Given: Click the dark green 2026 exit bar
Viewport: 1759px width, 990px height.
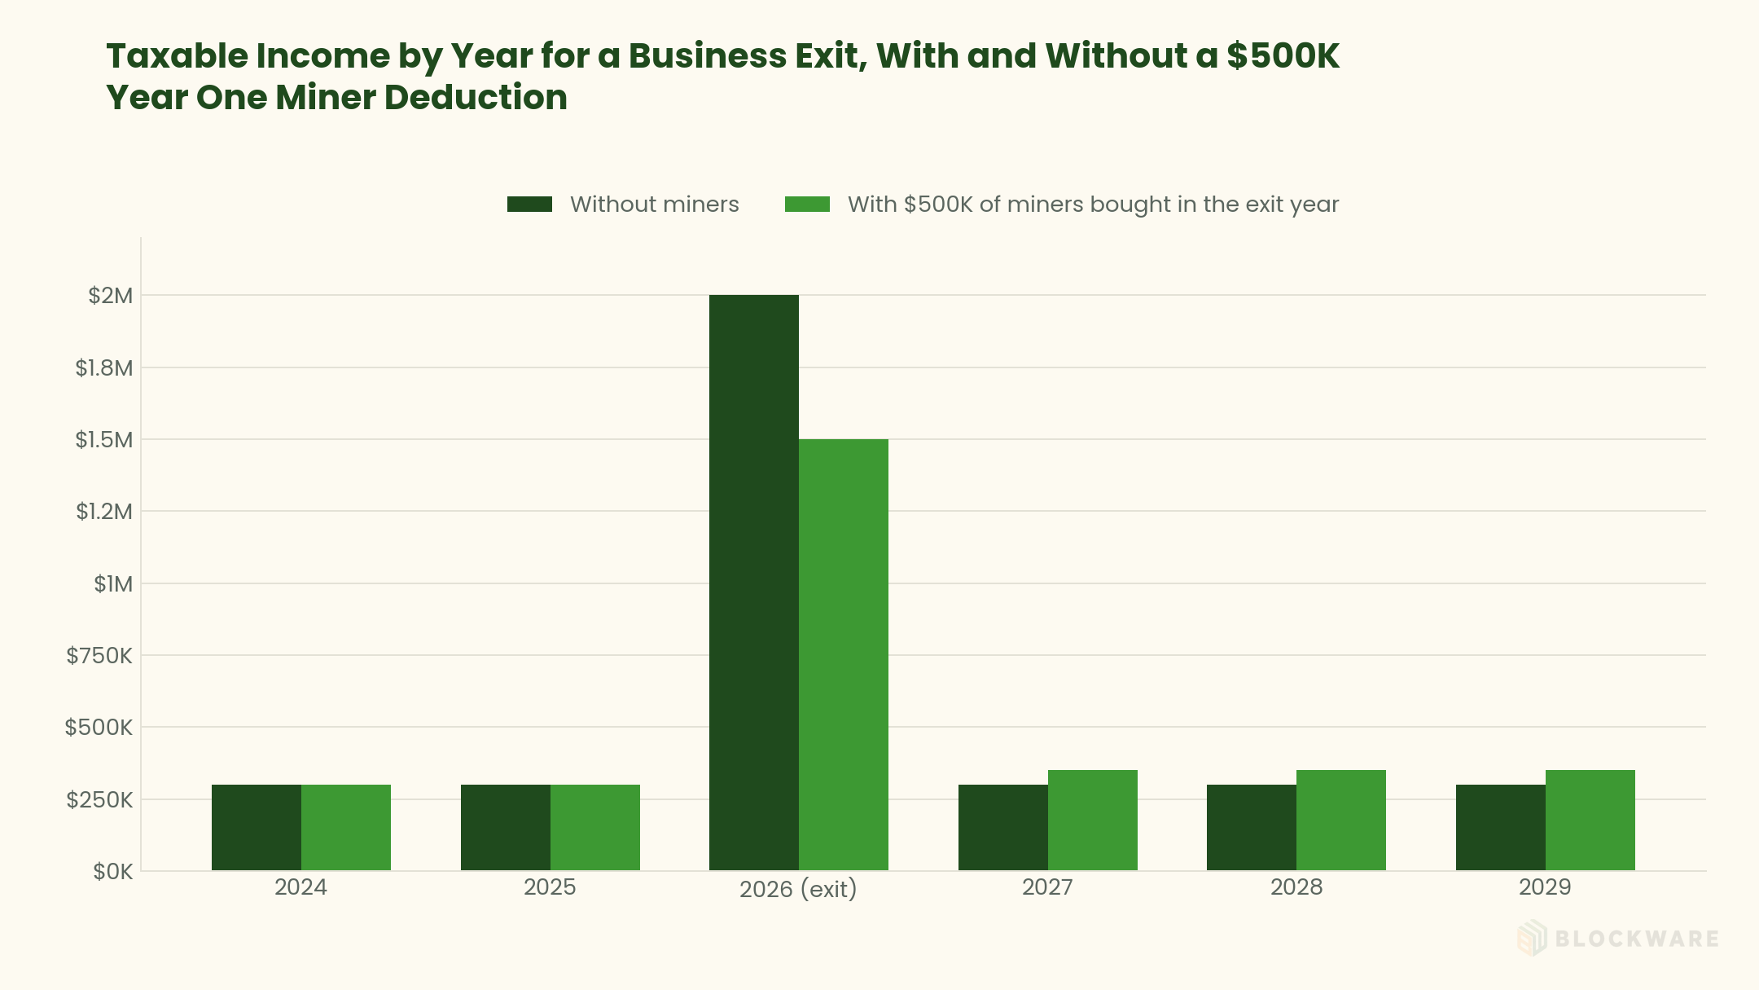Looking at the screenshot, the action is click(753, 583).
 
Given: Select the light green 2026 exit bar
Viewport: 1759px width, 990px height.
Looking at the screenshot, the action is click(844, 655).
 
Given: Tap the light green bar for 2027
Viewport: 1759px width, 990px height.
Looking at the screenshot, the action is click(1093, 821).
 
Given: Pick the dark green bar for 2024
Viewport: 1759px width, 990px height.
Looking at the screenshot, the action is click(257, 828).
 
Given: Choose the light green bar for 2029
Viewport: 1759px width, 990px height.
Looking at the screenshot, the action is click(1590, 821).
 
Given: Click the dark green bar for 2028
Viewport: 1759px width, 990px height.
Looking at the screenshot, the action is click(1252, 828).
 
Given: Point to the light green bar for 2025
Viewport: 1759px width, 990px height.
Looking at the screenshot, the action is click(595, 828).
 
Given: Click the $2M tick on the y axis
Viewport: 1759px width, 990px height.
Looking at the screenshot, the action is click(111, 296).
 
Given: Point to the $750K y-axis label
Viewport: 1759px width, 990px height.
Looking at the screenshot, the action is click(99, 655).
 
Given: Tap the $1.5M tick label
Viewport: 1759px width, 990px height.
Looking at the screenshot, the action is click(104, 440).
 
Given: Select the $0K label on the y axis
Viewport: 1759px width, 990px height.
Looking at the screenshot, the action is click(113, 872).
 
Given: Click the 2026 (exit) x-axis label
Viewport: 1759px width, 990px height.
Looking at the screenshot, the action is click(798, 889).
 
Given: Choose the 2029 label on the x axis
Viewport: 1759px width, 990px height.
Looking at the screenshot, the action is click(1545, 887).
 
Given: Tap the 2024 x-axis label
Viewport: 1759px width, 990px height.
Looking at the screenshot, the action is click(300, 887).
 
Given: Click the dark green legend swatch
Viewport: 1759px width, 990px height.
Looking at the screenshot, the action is click(529, 205).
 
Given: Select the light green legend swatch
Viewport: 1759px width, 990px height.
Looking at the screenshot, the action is click(807, 205).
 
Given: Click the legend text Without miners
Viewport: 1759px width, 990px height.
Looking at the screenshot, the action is click(655, 205).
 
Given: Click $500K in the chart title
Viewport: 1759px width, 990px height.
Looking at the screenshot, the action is click(1283, 56).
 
